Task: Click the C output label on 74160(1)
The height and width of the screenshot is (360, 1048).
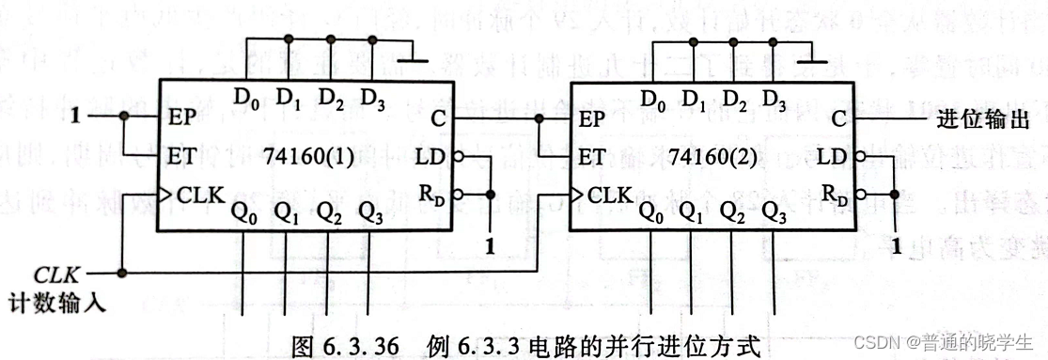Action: tap(437, 119)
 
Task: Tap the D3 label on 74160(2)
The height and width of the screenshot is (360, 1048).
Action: tap(774, 97)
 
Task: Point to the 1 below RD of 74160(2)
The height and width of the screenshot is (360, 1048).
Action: tap(899, 248)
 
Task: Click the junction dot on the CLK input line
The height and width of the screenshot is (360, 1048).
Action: tap(122, 274)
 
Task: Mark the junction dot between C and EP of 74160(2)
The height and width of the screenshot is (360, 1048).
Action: tap(538, 119)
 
